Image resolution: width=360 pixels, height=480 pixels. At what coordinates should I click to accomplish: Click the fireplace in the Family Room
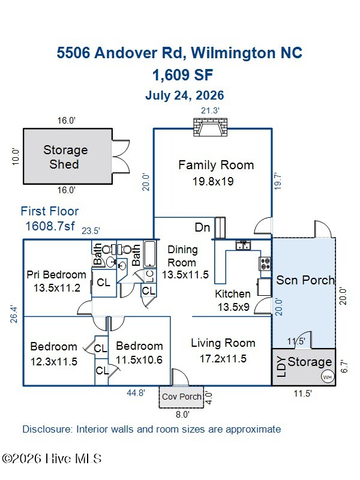(211, 127)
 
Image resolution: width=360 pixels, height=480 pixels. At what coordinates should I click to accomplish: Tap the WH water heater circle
(327, 377)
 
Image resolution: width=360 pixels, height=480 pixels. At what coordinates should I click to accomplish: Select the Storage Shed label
(65, 157)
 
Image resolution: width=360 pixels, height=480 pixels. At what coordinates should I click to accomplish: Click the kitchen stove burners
(265, 264)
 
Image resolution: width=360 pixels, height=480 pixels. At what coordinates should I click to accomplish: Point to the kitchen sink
(243, 245)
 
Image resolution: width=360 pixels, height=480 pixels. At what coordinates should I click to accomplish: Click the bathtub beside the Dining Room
(150, 254)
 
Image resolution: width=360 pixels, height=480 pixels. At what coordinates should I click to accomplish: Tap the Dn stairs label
(202, 227)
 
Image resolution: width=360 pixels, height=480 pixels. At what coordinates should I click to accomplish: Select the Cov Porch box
(181, 397)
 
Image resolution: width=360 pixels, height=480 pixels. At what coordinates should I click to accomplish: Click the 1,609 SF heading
(183, 75)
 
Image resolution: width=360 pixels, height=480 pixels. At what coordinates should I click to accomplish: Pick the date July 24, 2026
(185, 95)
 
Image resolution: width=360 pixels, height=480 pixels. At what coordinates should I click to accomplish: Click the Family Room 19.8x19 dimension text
(213, 182)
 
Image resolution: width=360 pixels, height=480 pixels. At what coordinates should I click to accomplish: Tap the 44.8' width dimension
(136, 392)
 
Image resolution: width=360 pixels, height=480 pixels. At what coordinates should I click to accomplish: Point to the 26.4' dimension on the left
(14, 314)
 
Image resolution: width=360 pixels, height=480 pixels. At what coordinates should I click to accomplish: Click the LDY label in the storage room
(281, 367)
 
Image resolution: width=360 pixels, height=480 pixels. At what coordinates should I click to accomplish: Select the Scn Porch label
(305, 280)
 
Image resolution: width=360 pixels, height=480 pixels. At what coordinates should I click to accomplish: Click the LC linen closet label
(150, 276)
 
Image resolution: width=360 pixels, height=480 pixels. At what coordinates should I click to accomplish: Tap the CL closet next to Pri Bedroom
(103, 282)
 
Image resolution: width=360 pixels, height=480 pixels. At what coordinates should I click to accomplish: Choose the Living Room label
(223, 343)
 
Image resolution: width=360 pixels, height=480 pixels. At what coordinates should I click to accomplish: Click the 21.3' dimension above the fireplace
(210, 110)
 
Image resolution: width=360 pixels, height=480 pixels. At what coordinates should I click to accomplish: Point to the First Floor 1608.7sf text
(50, 218)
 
